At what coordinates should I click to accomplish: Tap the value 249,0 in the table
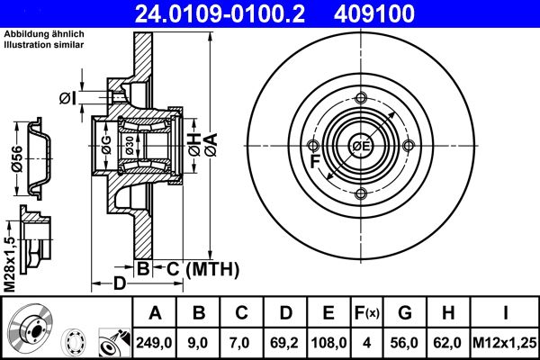point(154,342)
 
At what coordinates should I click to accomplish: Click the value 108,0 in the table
point(328,342)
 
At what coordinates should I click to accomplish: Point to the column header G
point(405,313)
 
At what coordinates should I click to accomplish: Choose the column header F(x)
point(368,313)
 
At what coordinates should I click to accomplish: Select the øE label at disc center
point(362,147)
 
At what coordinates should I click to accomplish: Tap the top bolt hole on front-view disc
point(361,100)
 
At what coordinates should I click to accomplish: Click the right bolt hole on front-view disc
point(409,147)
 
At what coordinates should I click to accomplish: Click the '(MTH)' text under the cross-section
point(211,268)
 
